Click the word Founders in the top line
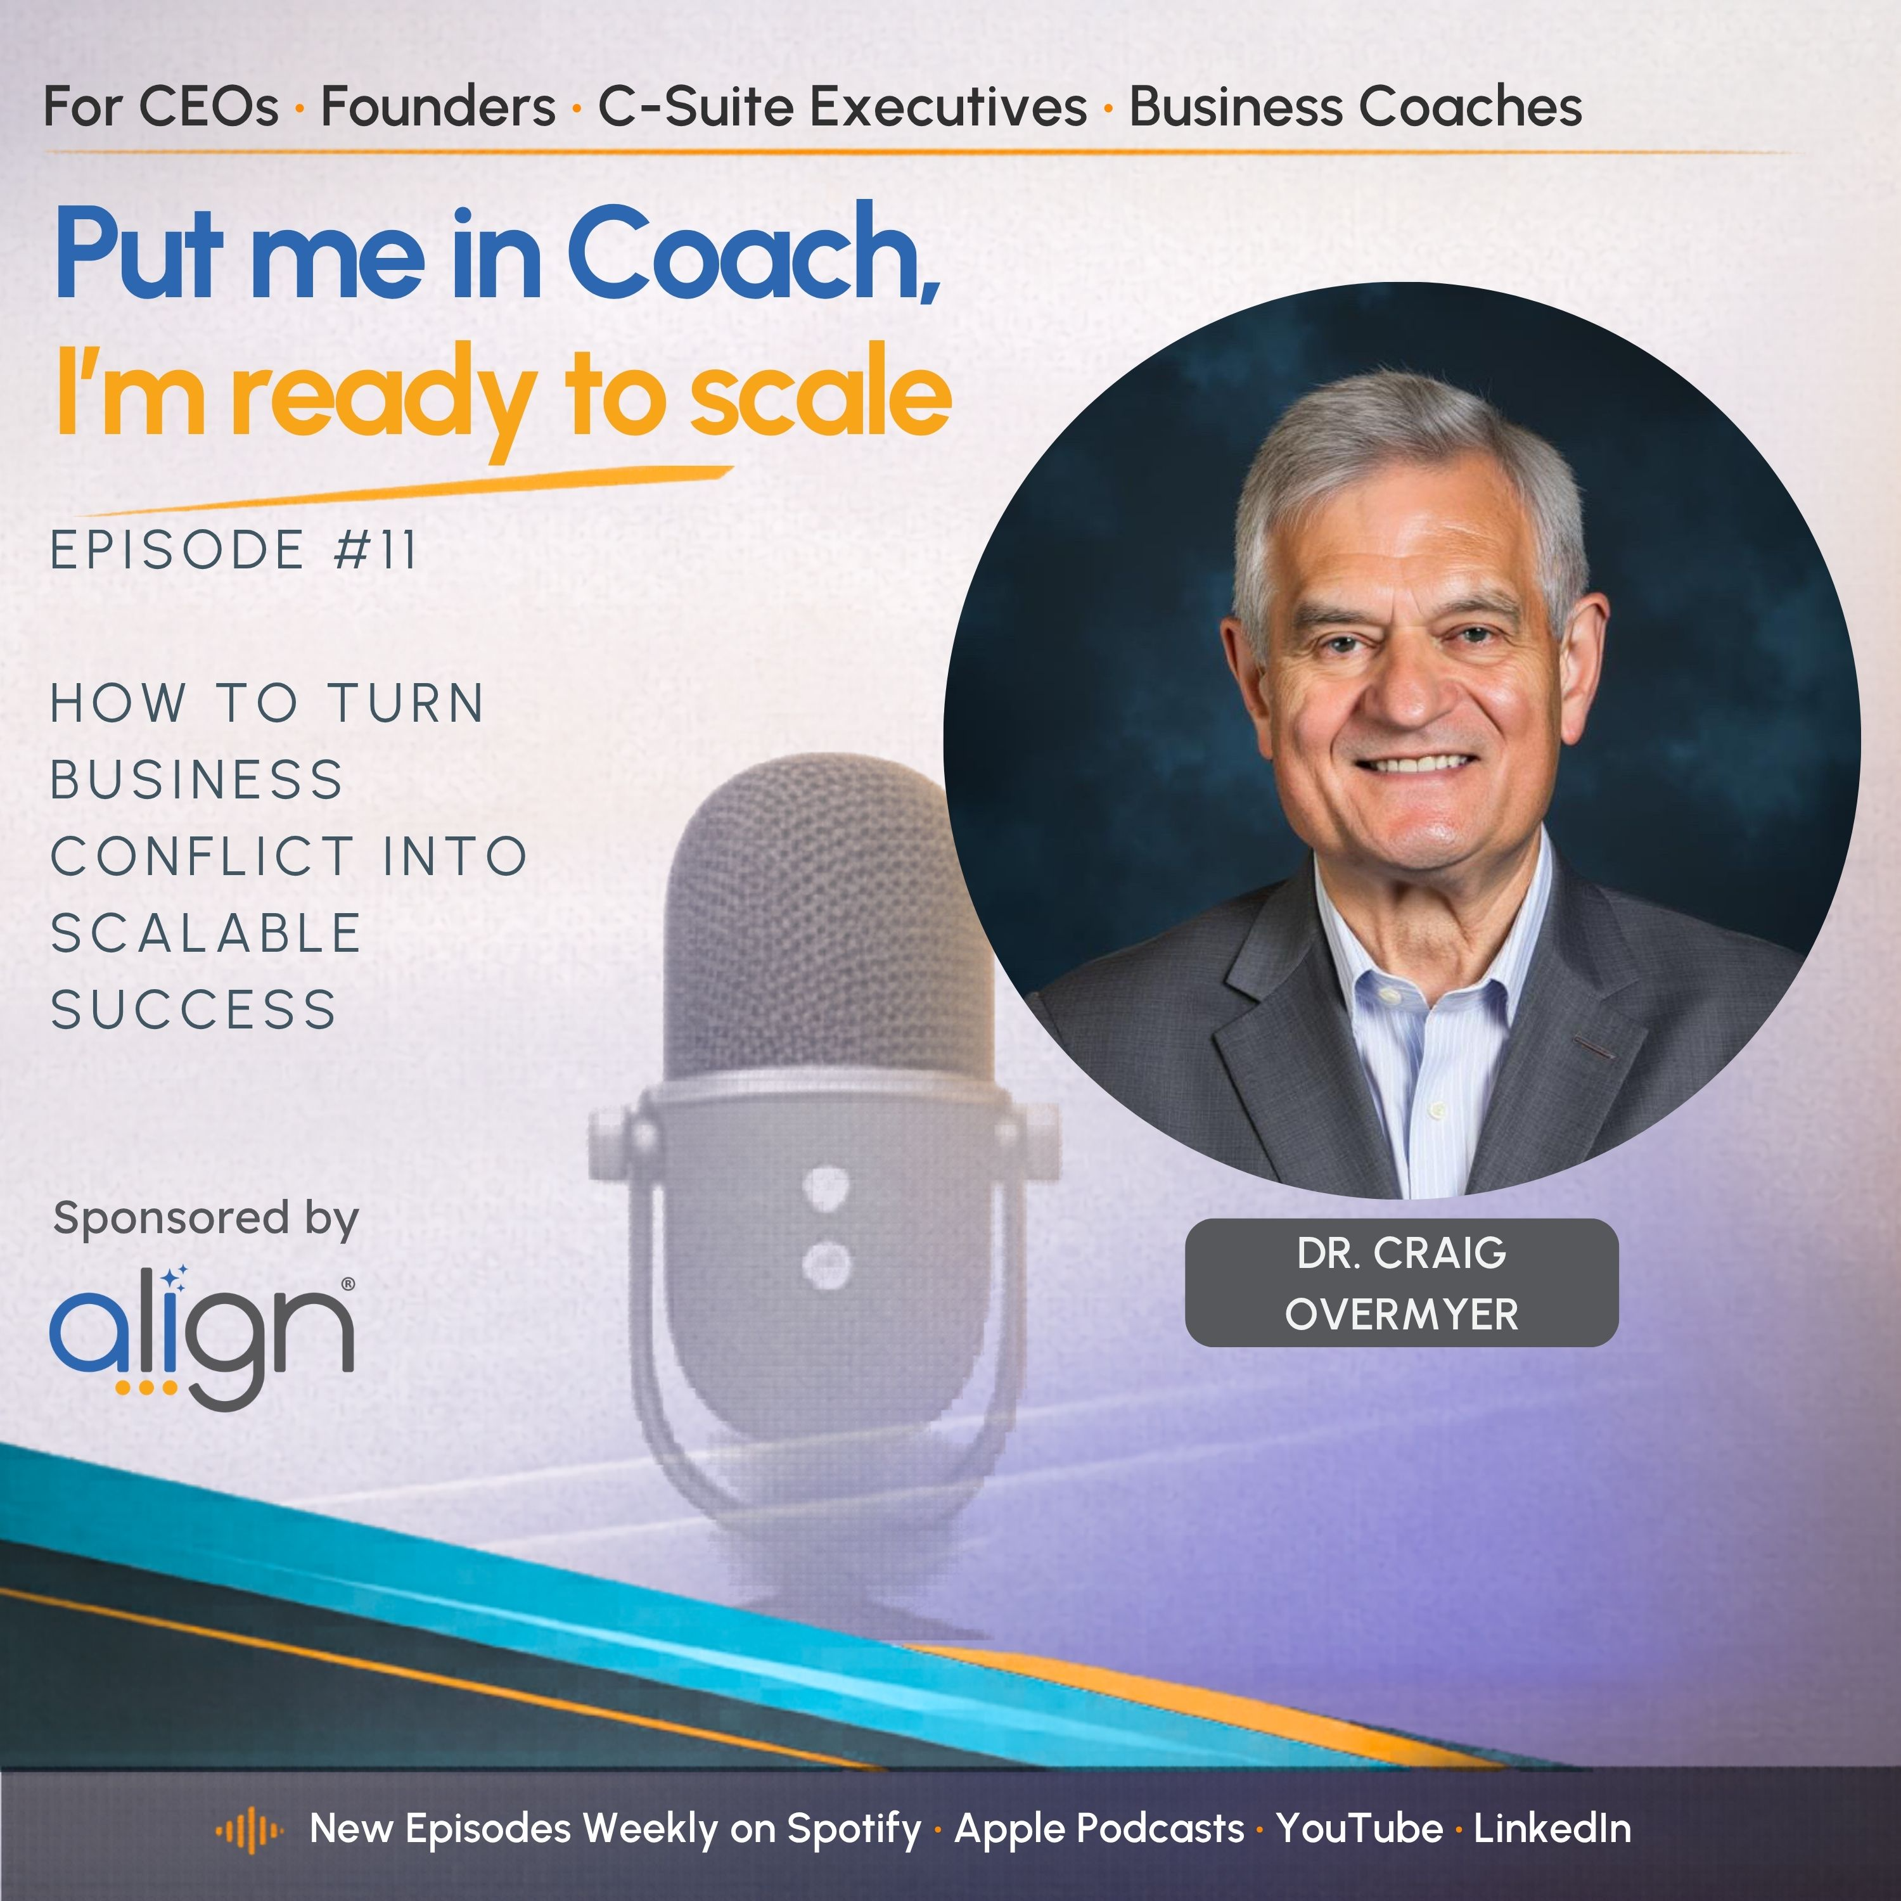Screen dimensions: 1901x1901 (x=438, y=106)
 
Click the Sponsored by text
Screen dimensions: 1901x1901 (x=206, y=1219)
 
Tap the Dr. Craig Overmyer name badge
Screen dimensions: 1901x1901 (x=1401, y=1283)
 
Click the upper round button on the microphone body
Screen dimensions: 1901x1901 (x=824, y=1186)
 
